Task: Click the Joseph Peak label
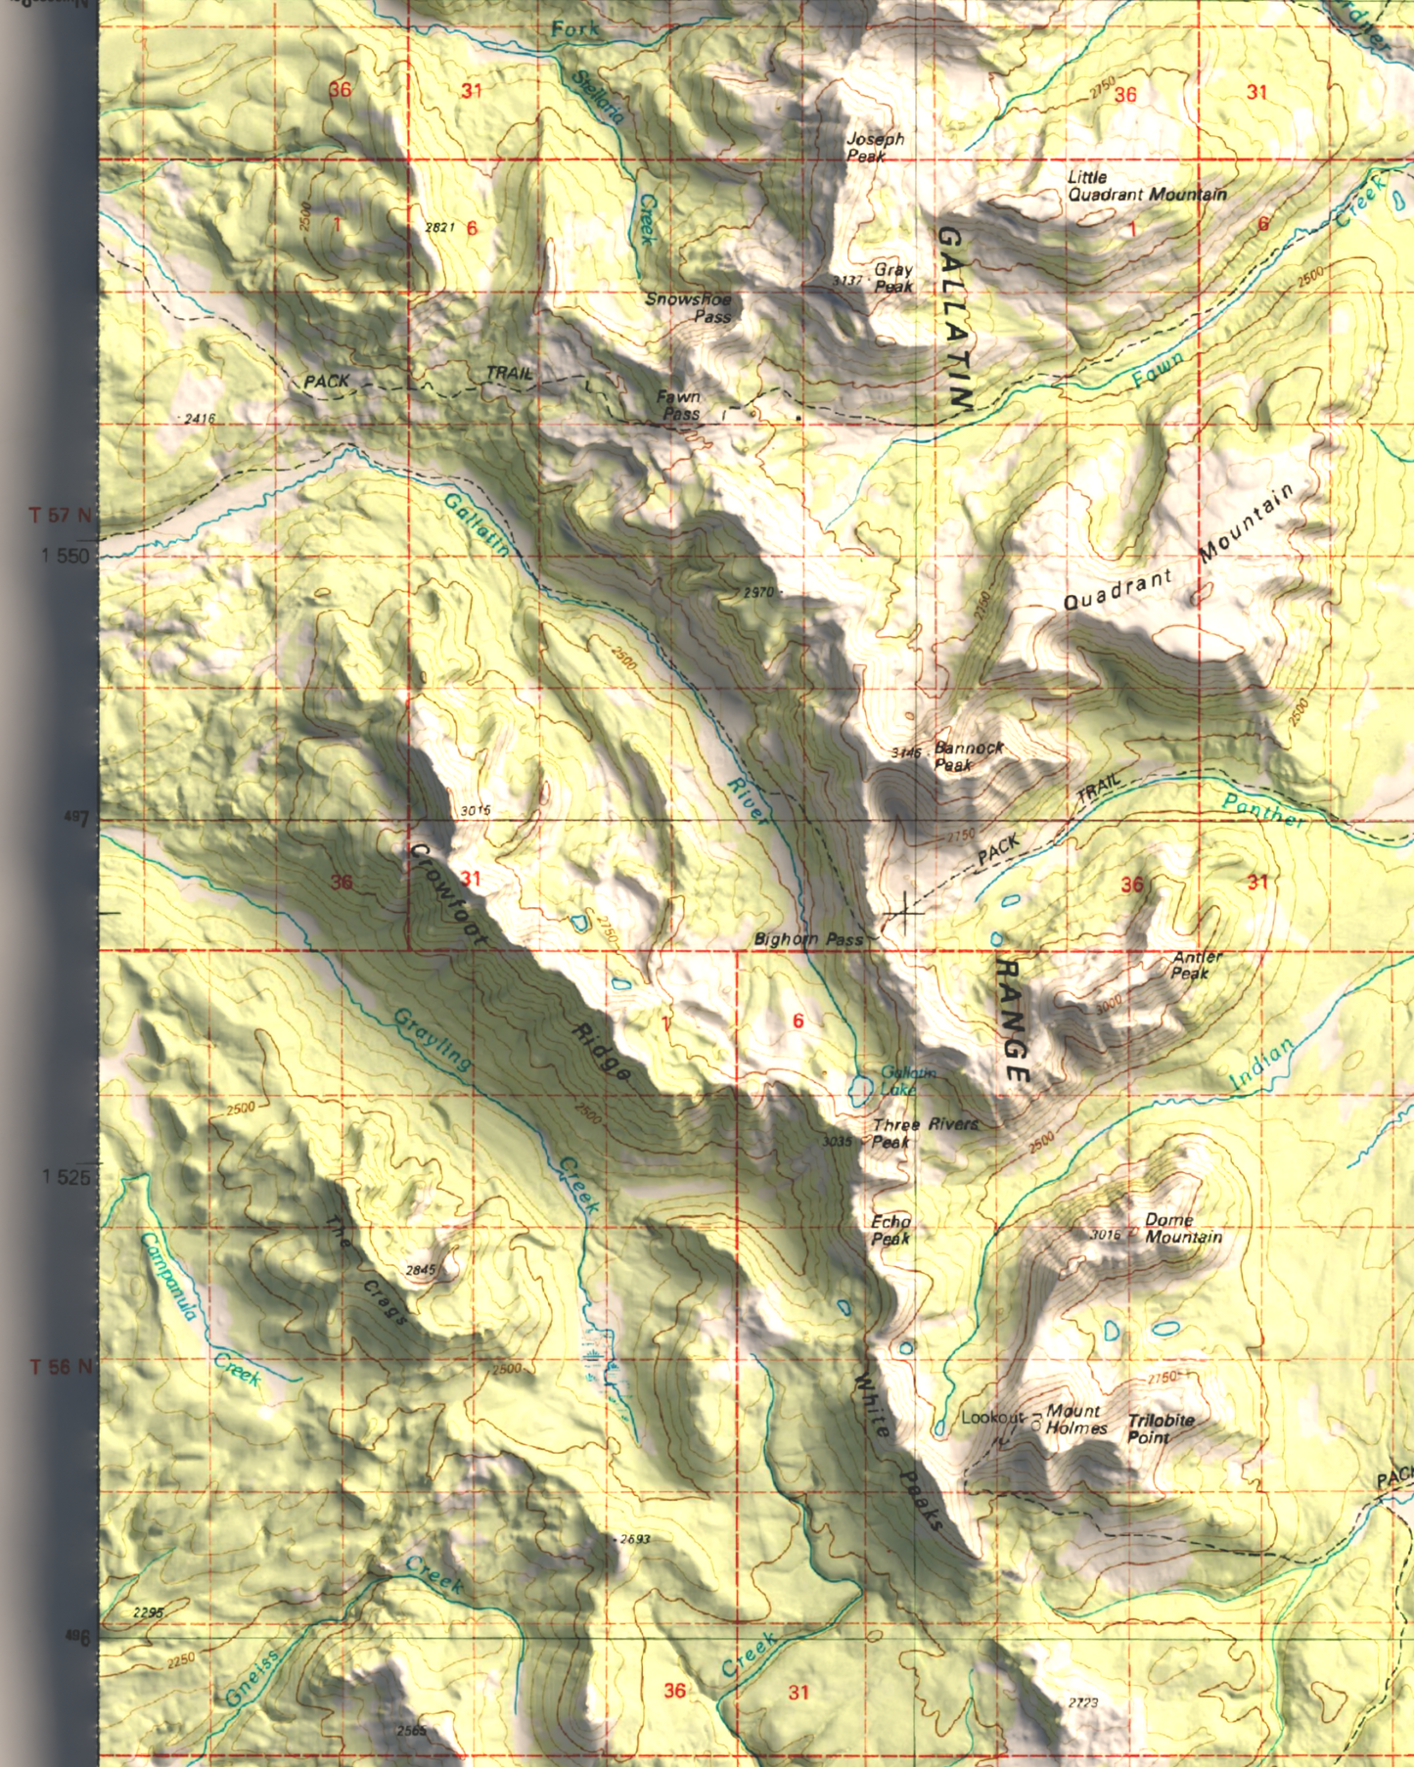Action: tap(874, 148)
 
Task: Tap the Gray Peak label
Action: tap(892, 278)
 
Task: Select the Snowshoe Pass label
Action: tap(688, 308)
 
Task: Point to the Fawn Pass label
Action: tap(679, 405)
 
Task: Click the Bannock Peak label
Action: tap(968, 756)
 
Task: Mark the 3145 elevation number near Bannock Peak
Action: tap(906, 752)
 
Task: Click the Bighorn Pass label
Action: tap(808, 939)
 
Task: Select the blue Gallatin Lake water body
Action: tap(860, 1089)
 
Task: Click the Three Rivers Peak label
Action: tap(924, 1133)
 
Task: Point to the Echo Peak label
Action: tap(890, 1230)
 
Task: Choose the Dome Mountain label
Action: tap(1182, 1229)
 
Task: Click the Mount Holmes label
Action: tap(1075, 1420)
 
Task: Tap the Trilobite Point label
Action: tap(1160, 1428)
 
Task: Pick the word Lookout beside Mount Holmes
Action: tap(991, 1418)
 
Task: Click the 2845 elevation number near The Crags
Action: tap(420, 1270)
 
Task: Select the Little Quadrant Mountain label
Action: tap(1145, 186)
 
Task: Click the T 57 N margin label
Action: tap(61, 516)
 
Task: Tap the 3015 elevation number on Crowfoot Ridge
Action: tap(476, 811)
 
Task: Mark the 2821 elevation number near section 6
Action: tap(440, 227)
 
